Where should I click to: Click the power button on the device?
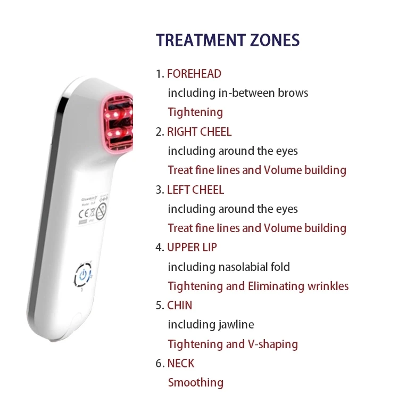point(82,275)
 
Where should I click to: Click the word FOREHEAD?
point(194,73)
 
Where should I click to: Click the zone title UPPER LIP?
point(192,248)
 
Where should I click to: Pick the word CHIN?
point(180,306)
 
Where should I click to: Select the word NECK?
point(181,364)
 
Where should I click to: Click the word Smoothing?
point(196,383)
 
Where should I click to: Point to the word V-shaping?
point(272,344)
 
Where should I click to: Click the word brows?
point(293,93)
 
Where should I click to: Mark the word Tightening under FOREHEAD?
point(195,112)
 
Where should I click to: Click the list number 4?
point(159,248)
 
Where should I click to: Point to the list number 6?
point(159,364)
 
